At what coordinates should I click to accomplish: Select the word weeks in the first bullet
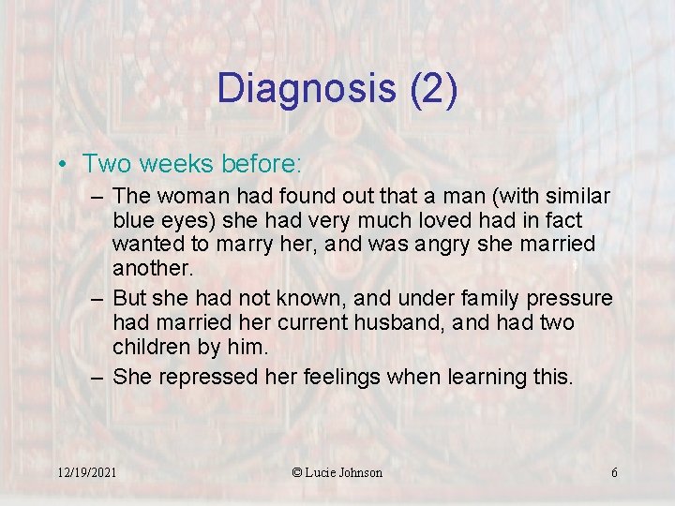[172, 164]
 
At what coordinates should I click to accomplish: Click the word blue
[131, 220]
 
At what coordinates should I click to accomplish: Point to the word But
[130, 299]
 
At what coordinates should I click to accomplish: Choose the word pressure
[568, 299]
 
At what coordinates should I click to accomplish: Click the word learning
[483, 377]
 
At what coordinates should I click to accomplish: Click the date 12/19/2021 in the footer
[86, 472]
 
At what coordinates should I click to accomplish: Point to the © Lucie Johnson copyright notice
[337, 472]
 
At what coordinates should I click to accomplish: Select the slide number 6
[614, 472]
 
